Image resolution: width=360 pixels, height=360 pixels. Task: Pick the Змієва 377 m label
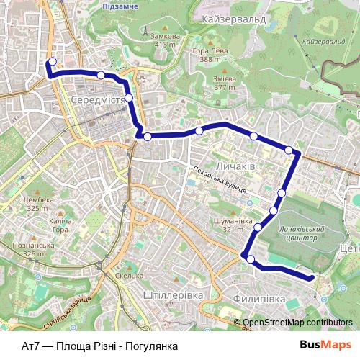coord(225,83)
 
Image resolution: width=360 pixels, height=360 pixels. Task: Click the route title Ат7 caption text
coord(100,346)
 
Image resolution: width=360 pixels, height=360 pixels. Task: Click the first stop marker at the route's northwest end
coord(52,61)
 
